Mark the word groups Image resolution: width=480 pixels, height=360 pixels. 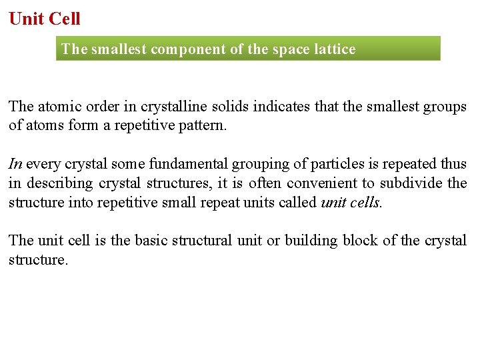click(x=445, y=107)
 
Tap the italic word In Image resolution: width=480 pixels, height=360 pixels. click(x=15, y=164)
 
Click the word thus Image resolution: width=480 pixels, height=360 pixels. click(x=454, y=164)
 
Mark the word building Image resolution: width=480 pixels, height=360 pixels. click(x=311, y=241)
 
